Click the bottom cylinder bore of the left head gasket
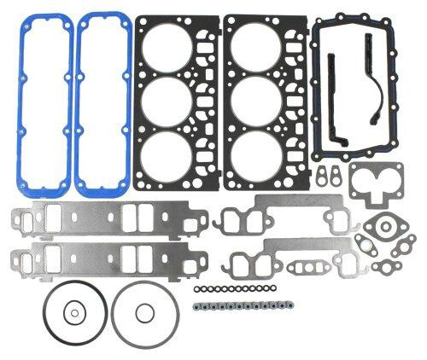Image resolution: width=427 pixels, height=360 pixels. [x=173, y=165]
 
